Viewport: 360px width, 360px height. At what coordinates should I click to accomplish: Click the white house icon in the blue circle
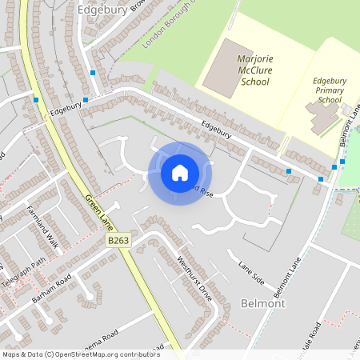click(180, 173)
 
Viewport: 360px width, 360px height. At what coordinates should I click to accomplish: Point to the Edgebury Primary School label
click(330, 90)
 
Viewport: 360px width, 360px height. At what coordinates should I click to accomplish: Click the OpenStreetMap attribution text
click(81, 354)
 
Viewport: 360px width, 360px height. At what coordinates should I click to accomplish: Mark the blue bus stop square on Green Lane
click(36, 100)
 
